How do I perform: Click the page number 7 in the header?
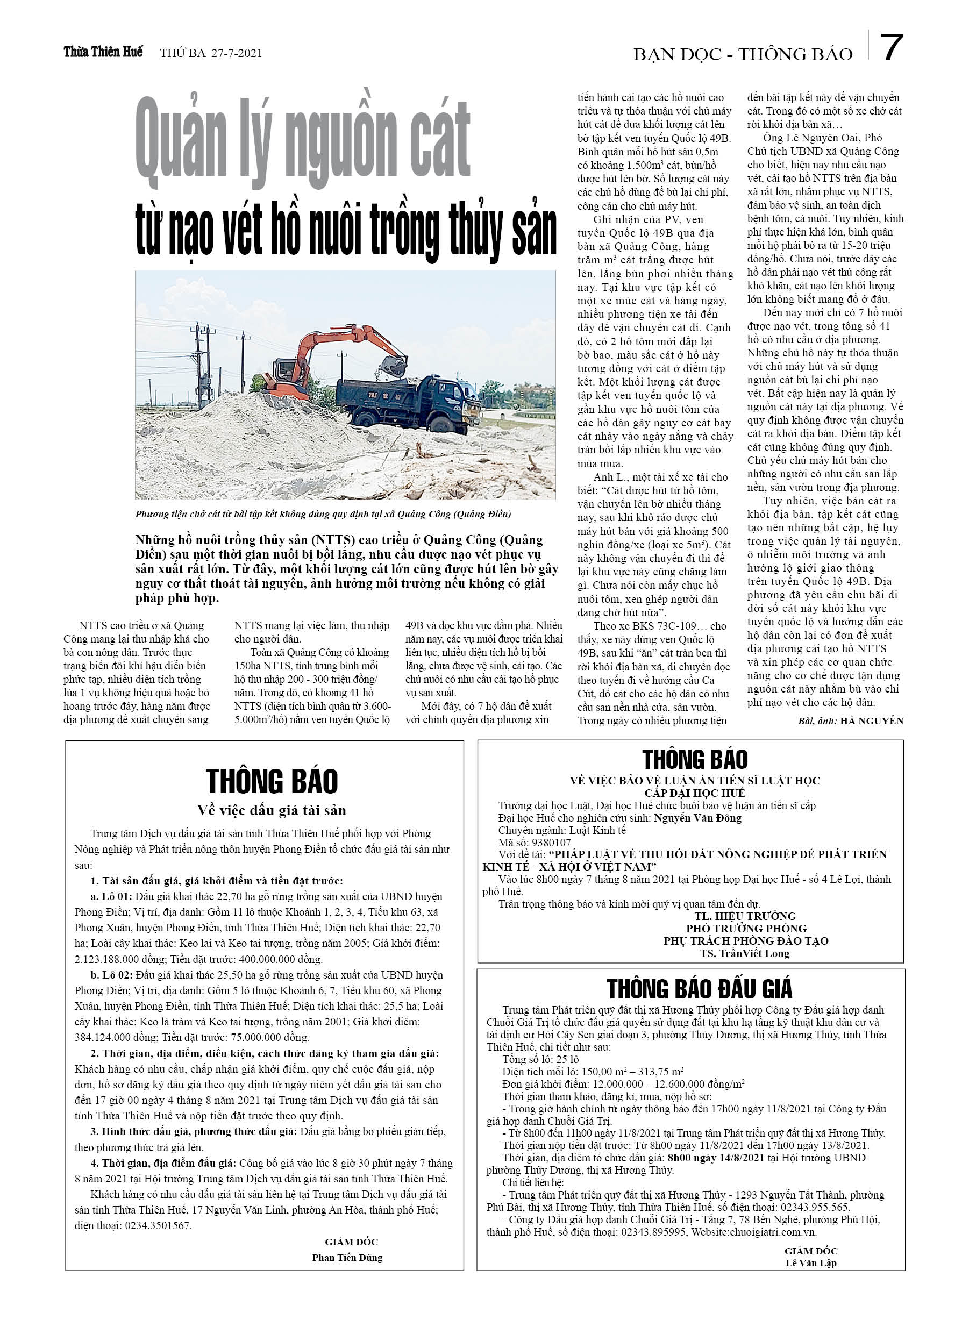pyautogui.click(x=892, y=48)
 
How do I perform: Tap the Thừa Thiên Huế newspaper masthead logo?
pyautogui.click(x=103, y=52)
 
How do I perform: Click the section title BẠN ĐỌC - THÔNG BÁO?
pyautogui.click(x=743, y=55)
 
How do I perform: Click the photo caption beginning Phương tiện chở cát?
pyautogui.click(x=323, y=514)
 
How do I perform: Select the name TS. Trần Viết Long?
pyautogui.click(x=744, y=953)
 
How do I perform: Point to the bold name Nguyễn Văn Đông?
pyautogui.click(x=697, y=818)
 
